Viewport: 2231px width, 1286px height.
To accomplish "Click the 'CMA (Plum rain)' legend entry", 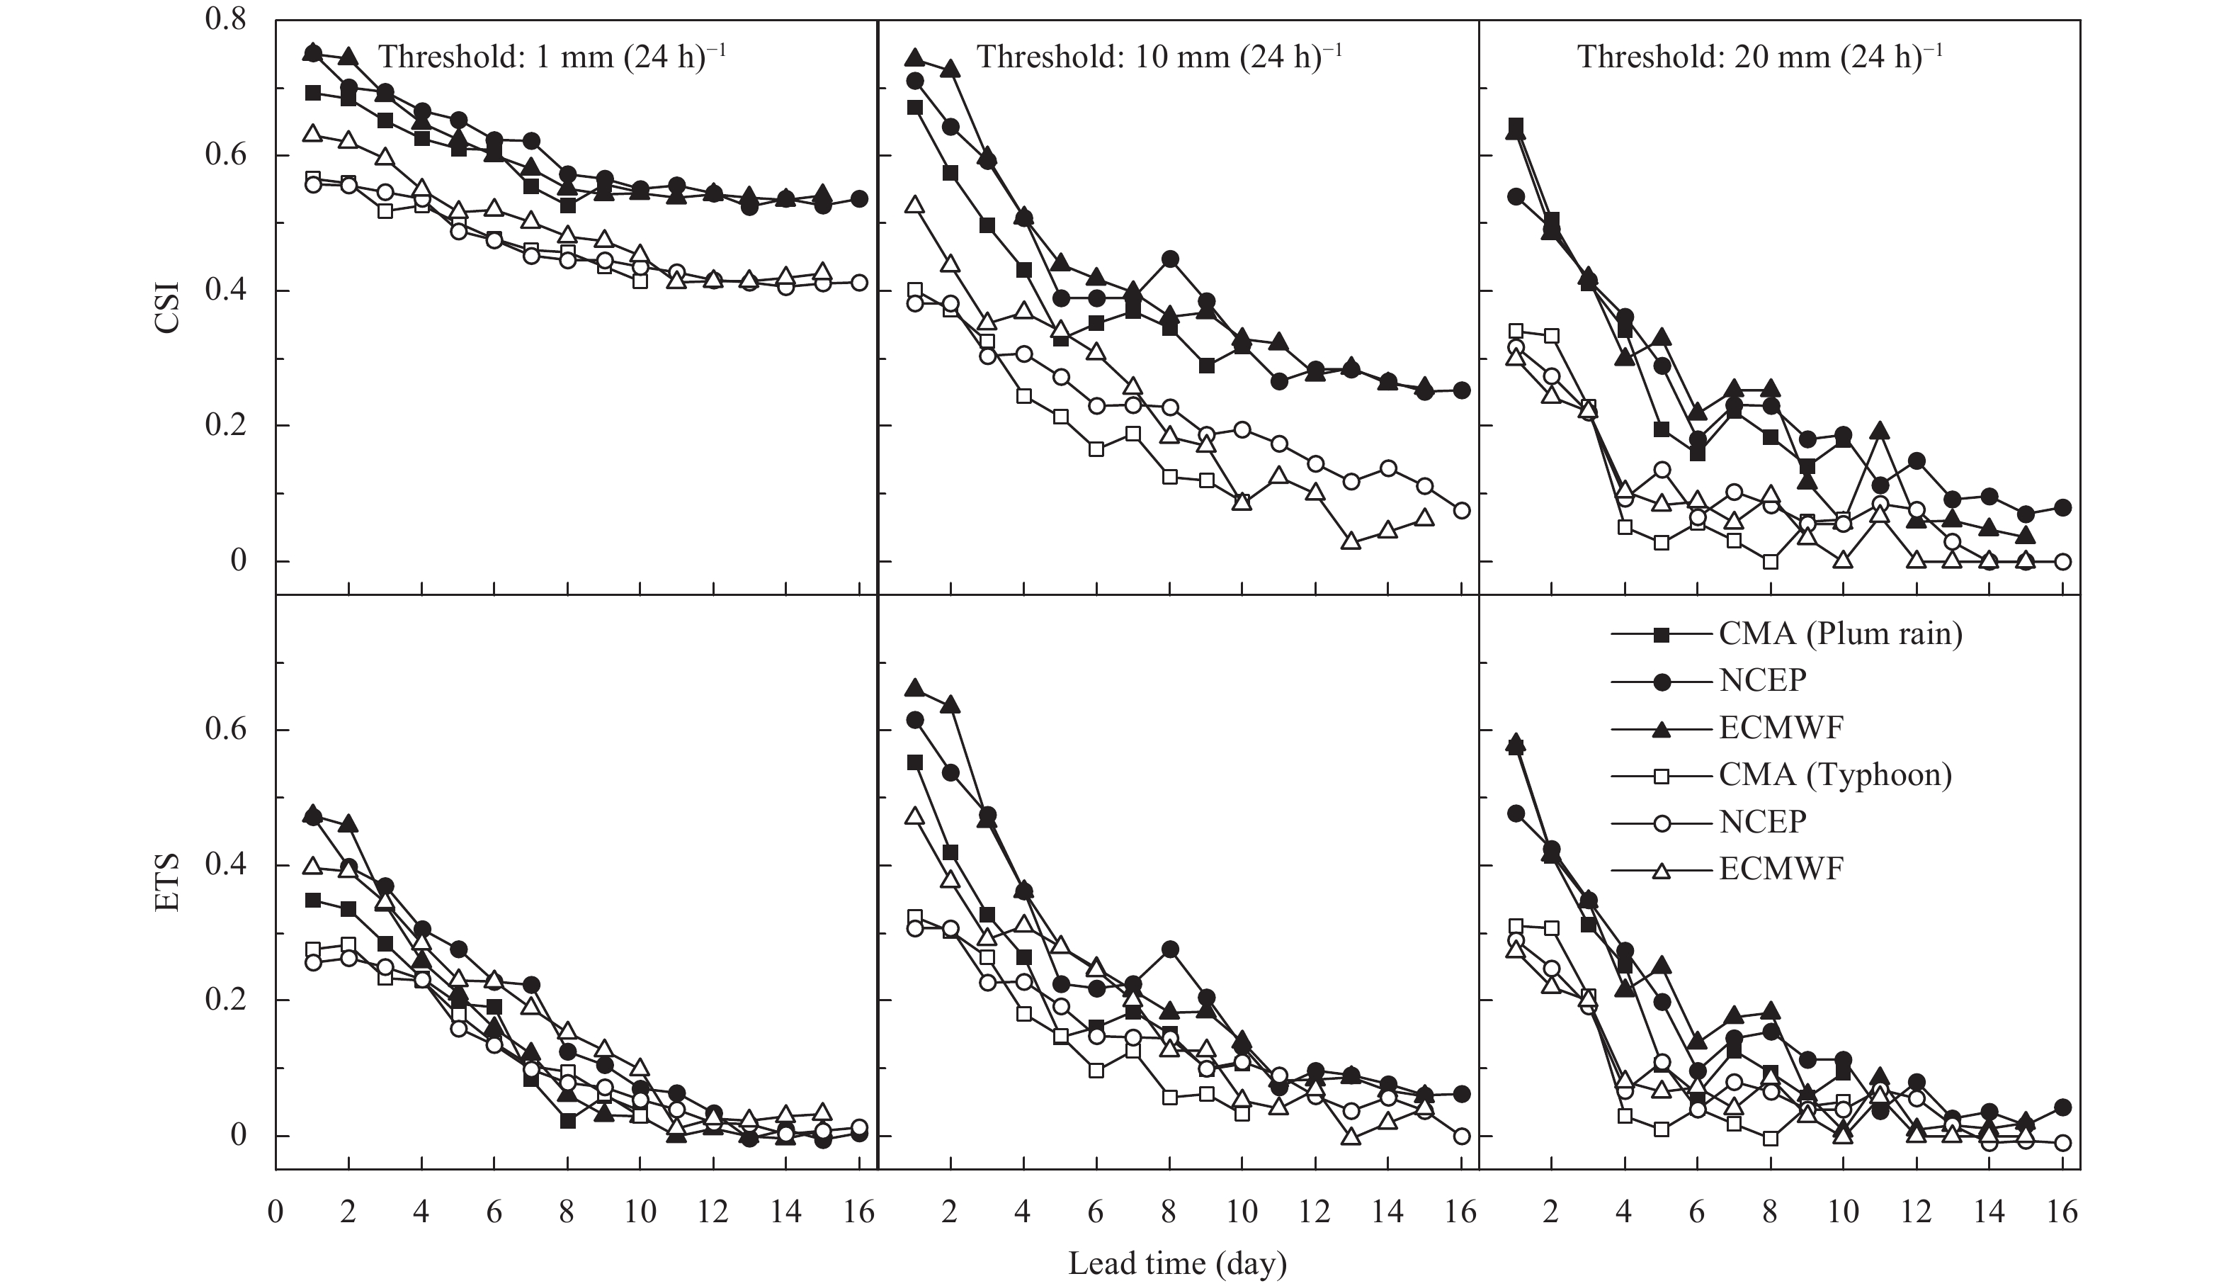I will (x=1840, y=633).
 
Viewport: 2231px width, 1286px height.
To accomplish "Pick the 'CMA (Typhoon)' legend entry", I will (x=1834, y=775).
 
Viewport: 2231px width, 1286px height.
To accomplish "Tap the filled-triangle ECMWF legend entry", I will (x=1781, y=728).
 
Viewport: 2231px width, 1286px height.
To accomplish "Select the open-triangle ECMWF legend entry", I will (x=1781, y=869).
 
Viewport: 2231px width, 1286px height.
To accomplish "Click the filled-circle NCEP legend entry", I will (x=1762, y=680).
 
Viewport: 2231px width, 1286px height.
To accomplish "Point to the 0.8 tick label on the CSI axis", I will (x=225, y=19).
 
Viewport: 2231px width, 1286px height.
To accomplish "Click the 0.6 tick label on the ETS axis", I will (x=225, y=731).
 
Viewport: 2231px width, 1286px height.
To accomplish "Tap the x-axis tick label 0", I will (x=276, y=1212).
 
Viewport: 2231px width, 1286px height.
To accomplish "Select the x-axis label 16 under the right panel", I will (x=2062, y=1212).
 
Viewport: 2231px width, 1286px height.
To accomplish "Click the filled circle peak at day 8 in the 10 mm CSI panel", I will (x=1170, y=259).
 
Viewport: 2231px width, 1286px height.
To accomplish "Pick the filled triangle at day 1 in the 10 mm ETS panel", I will (x=914, y=687).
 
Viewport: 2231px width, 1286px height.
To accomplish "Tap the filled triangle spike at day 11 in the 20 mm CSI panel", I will (x=1880, y=431).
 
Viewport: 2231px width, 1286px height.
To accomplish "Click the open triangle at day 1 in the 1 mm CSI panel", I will (x=312, y=133).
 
